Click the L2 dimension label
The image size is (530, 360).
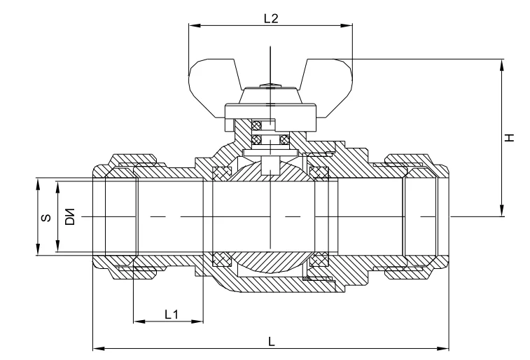[x=271, y=19]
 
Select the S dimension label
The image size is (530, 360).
[x=45, y=217]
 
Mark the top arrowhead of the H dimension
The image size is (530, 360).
[x=501, y=62]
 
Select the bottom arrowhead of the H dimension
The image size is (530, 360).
[x=501, y=212]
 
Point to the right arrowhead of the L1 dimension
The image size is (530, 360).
[x=198, y=322]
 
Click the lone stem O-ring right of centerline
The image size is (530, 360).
[x=284, y=139]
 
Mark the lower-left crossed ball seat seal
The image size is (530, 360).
[x=223, y=259]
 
